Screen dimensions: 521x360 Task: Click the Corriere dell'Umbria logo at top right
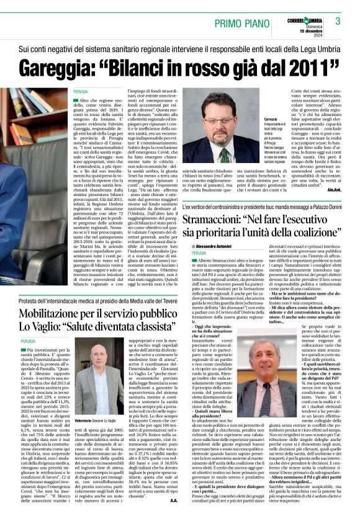(308, 17)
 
